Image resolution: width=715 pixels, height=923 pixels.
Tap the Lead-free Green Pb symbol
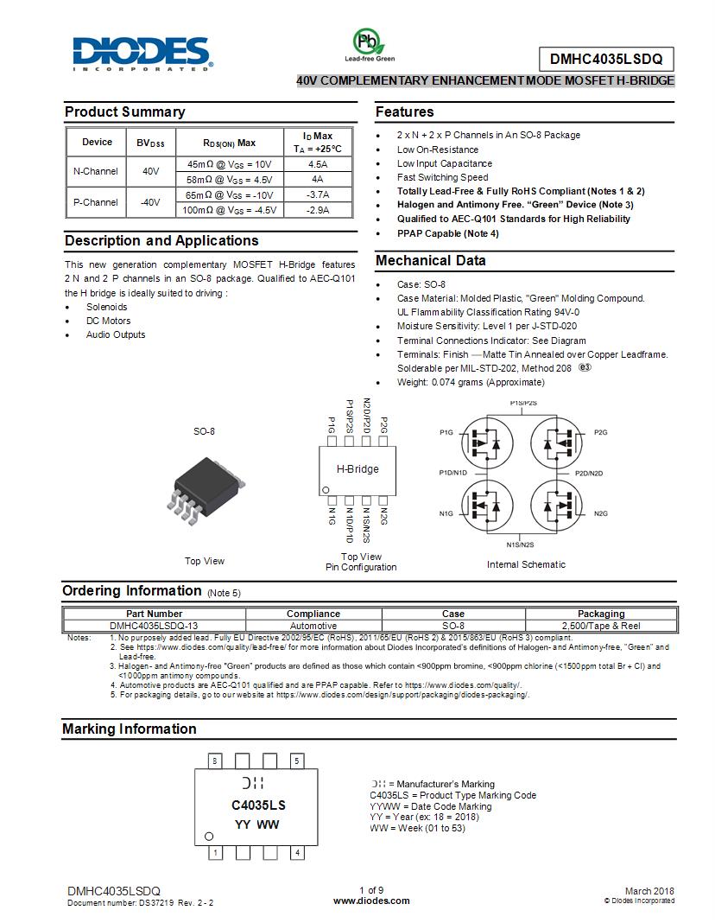point(368,41)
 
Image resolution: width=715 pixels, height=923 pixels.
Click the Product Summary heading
point(124,111)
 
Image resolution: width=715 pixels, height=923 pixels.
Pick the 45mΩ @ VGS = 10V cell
point(229,164)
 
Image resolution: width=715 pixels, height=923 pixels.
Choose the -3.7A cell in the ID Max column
point(318,194)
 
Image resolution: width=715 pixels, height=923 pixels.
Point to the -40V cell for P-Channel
point(150,202)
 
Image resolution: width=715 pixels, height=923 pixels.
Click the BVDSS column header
point(150,143)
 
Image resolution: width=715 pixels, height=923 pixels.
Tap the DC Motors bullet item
point(108,321)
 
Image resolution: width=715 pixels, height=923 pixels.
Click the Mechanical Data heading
point(430,260)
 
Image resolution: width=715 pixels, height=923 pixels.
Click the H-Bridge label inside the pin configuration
point(357,469)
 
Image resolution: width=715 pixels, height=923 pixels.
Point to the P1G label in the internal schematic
point(446,431)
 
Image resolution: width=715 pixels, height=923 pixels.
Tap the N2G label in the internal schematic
point(601,513)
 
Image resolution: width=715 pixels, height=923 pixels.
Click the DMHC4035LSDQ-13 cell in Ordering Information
point(154,626)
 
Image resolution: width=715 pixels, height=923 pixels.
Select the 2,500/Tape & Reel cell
point(601,626)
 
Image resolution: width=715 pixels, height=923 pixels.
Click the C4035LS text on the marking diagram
point(257,805)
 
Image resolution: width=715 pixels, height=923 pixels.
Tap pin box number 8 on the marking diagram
point(215,761)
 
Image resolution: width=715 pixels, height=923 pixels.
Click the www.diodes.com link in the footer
point(370,901)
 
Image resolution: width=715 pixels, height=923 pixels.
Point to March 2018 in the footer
point(649,891)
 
